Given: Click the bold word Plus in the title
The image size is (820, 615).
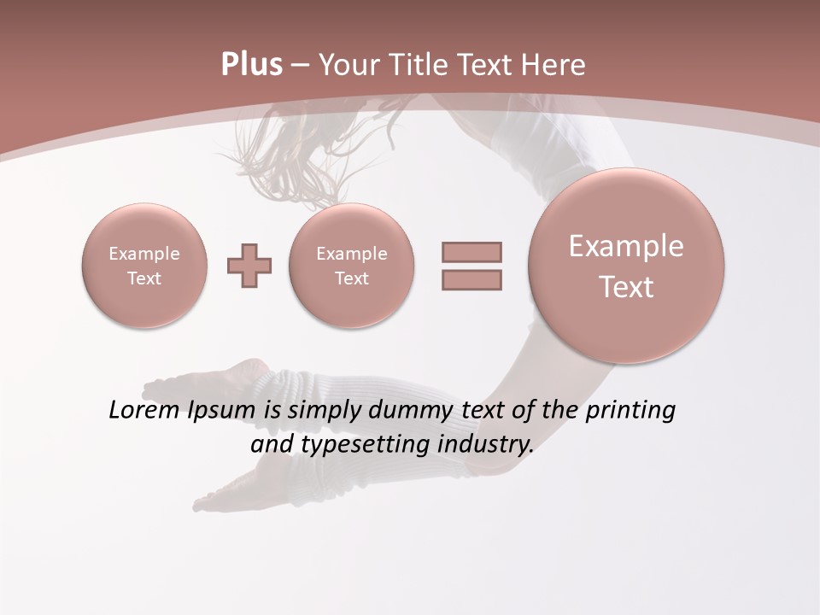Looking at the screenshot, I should tap(251, 65).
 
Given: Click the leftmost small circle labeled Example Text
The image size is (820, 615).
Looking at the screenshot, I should tap(144, 266).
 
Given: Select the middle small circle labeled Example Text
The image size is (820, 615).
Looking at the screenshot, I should tap(352, 266).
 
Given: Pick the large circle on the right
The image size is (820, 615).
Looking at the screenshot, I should tap(626, 266).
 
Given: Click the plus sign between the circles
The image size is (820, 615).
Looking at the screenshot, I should tap(249, 266).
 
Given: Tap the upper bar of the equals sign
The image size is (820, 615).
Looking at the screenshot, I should tap(471, 252).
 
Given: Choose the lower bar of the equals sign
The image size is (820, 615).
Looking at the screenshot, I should tap(471, 279).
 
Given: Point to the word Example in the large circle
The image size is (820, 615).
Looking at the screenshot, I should tap(626, 246).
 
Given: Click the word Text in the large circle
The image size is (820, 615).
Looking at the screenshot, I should tap(626, 287).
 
